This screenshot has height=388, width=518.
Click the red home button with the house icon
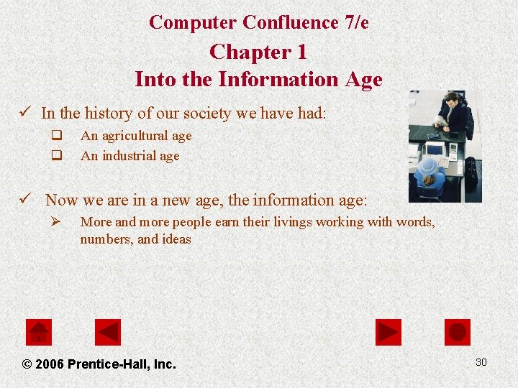(39, 332)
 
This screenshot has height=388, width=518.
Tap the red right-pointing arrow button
(388, 332)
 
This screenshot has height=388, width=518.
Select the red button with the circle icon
(458, 332)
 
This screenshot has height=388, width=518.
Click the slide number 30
(481, 362)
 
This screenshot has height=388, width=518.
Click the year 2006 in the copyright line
(49, 364)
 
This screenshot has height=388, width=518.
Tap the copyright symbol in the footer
(27, 364)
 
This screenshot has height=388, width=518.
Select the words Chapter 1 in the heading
(258, 52)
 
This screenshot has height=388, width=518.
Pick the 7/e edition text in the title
(355, 22)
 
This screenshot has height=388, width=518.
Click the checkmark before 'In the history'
(26, 113)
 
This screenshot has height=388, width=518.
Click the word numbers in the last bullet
(107, 239)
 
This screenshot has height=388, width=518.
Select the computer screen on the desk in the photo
(435, 149)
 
